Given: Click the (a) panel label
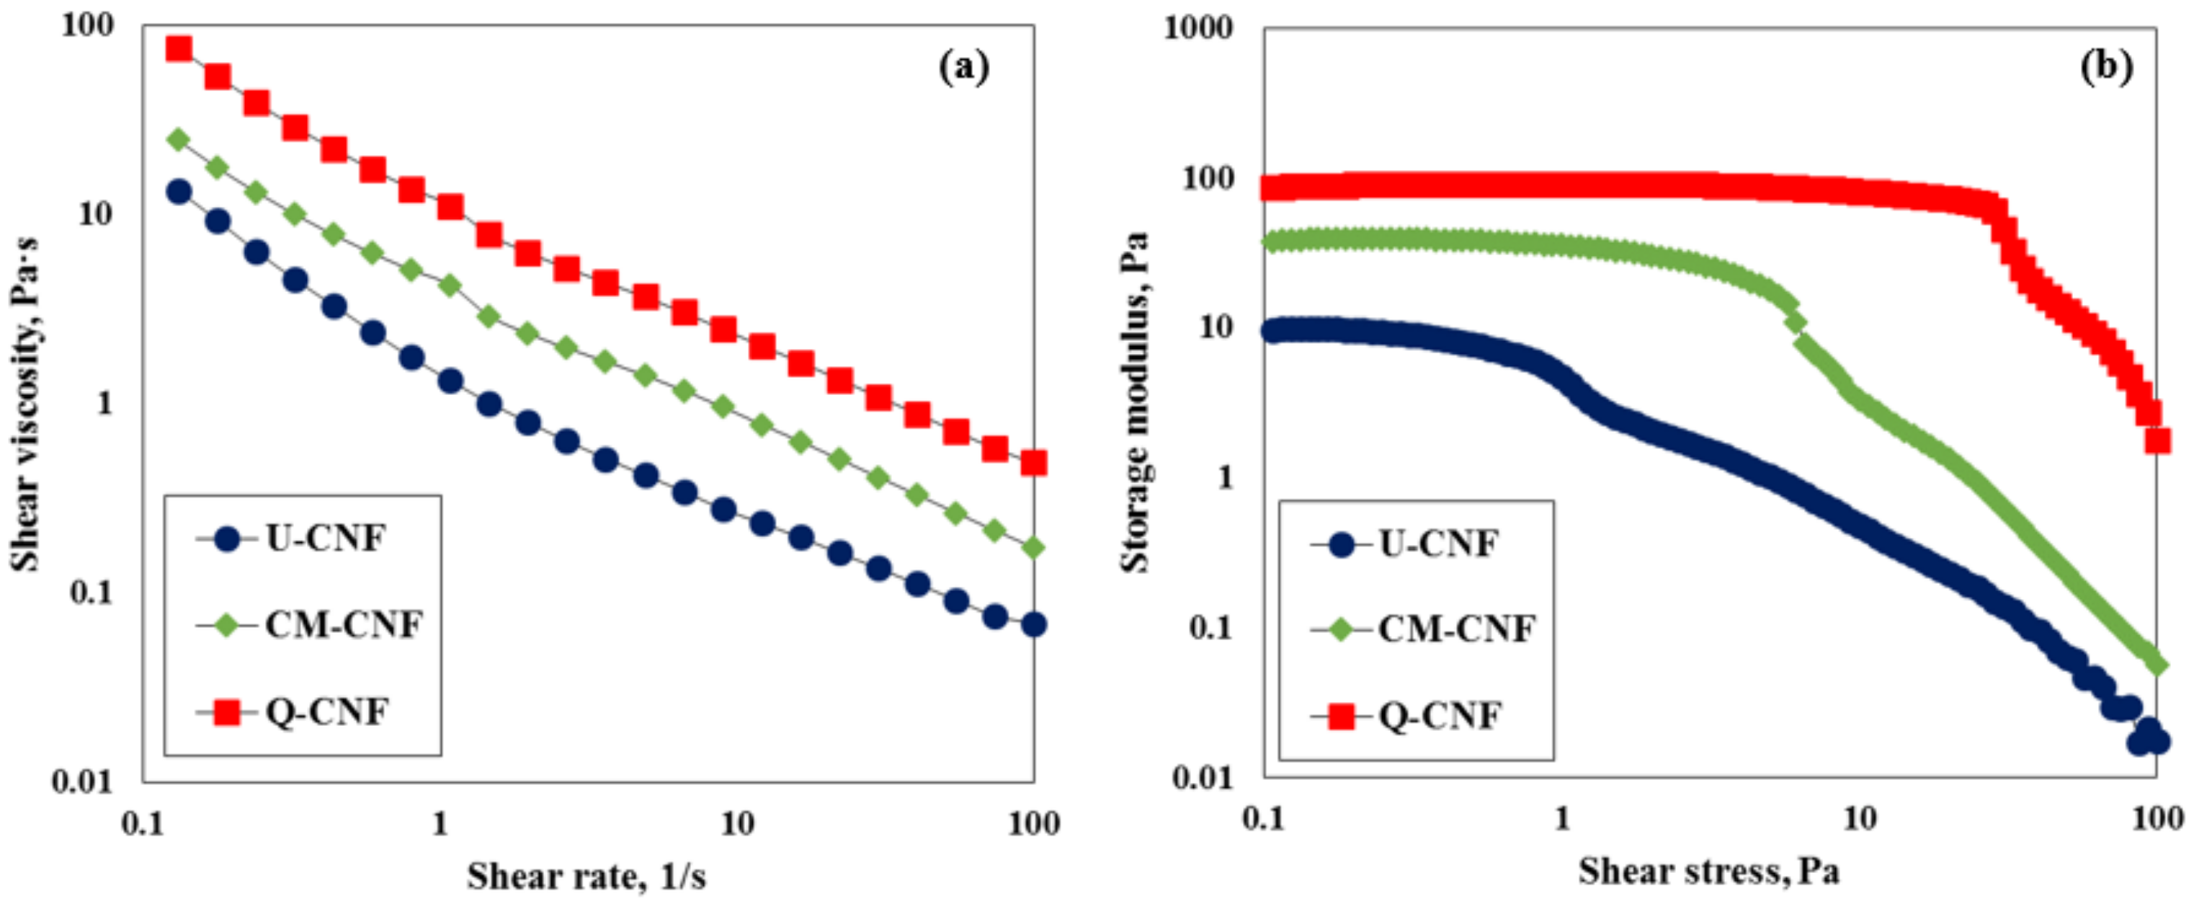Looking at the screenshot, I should coord(963,66).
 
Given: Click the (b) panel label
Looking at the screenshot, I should coord(2105,66).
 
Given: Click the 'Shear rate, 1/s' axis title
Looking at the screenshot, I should coord(586,876).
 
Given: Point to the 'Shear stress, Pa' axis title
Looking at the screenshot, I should coord(1708,871).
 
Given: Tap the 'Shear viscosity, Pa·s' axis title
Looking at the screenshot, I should coord(25,404).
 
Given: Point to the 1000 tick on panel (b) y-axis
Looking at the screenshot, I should coord(1198,28).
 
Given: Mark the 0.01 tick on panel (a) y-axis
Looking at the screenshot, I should coord(83,781).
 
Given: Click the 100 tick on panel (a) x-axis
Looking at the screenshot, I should coord(1033,823).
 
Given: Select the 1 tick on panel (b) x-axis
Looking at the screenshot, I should coord(1561,819).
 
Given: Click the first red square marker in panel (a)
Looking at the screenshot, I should coord(178,48).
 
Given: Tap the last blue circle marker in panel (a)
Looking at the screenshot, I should coord(1033,624).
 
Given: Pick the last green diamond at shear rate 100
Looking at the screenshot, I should coord(1033,548).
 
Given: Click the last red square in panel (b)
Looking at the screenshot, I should coord(2157,440).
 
